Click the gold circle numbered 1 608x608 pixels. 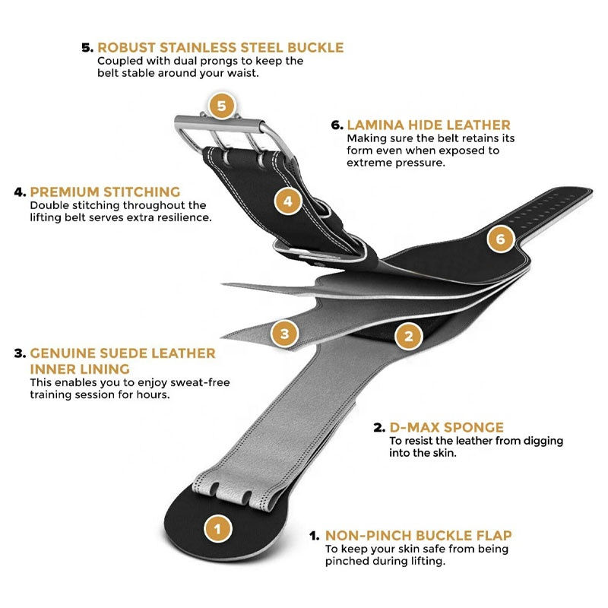[x=218, y=528]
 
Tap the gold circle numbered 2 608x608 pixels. [x=408, y=335]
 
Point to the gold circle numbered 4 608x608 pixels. [x=287, y=201]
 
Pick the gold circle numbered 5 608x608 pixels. [x=221, y=106]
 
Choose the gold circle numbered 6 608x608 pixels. [x=499, y=240]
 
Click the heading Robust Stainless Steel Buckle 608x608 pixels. [x=220, y=48]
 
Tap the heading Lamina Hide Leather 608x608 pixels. [x=429, y=125]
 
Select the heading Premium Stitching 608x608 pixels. [x=105, y=192]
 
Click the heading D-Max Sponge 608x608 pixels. [x=446, y=427]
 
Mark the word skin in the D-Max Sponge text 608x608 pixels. [x=444, y=453]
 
